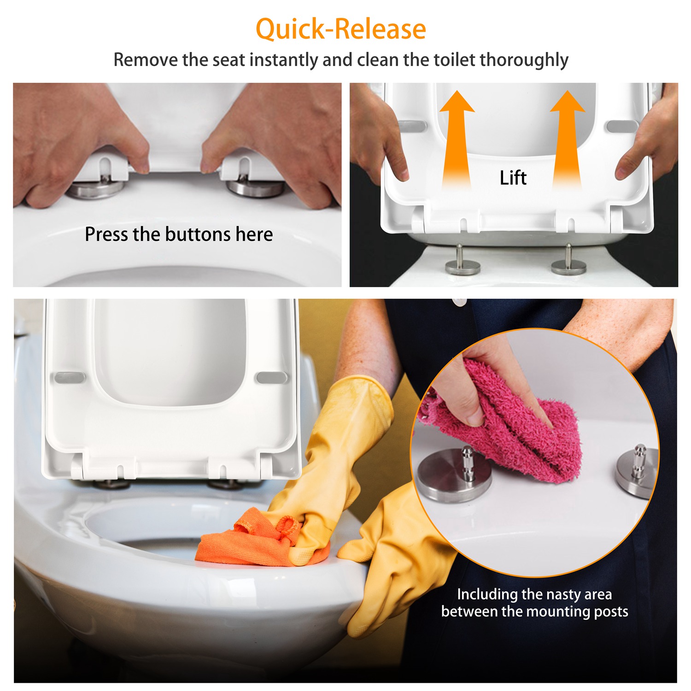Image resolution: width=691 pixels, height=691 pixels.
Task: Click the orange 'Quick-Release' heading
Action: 341,29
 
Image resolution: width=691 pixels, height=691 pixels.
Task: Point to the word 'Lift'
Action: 513,178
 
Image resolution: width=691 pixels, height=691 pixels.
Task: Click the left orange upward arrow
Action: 456,138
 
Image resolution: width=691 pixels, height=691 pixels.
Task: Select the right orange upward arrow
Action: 567,138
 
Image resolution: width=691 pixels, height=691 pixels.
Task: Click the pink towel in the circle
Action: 511,424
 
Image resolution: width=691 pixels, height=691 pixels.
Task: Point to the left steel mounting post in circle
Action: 454,477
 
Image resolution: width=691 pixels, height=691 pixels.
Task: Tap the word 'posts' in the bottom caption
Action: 611,611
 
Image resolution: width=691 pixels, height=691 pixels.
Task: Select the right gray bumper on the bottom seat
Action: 271,378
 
